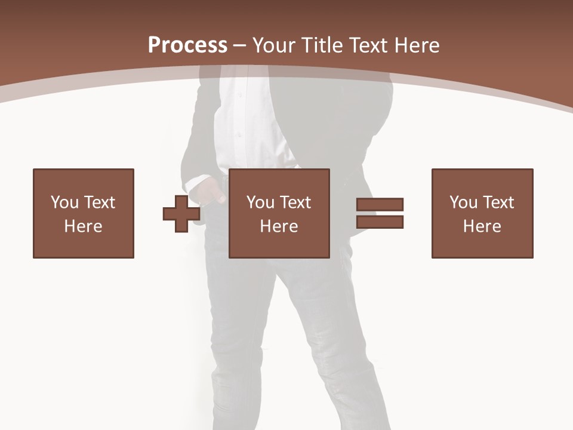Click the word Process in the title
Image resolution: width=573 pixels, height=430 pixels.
[187, 45]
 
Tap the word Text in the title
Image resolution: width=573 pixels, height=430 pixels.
[370, 45]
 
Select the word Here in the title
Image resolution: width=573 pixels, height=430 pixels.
[417, 45]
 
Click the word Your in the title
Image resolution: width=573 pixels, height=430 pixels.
[273, 45]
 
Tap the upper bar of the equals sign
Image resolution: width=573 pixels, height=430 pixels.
[380, 204]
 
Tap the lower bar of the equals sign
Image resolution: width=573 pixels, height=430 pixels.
[380, 222]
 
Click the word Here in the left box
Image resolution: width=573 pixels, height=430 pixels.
[84, 226]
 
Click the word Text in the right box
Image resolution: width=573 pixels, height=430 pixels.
[498, 202]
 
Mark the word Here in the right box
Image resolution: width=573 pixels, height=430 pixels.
[482, 226]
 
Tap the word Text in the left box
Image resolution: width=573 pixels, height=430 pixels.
[99, 202]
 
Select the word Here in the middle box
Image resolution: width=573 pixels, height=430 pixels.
[279, 226]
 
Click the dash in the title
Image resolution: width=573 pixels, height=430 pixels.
[240, 45]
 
